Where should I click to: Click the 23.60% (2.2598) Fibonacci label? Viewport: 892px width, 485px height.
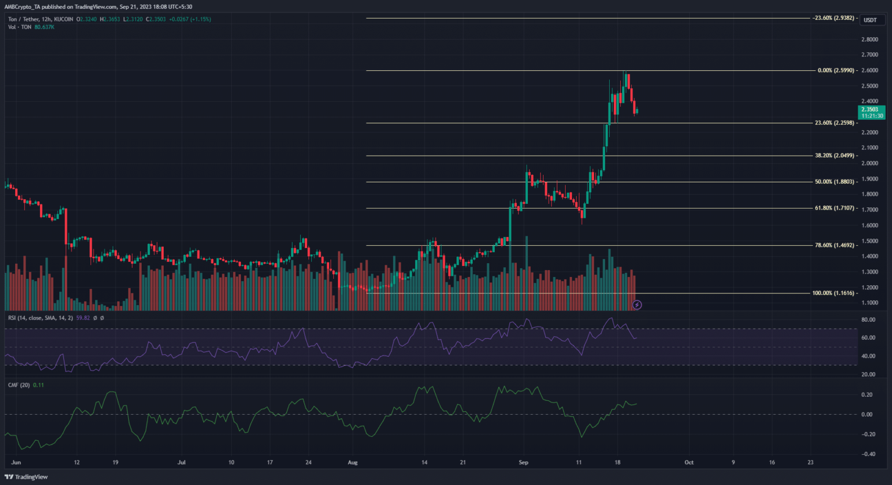[x=835, y=123]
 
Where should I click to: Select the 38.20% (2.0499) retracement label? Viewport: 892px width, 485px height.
[x=835, y=156]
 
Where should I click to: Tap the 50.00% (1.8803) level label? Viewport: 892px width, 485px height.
[x=835, y=182]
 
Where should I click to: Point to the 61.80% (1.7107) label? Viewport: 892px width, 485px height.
[x=835, y=208]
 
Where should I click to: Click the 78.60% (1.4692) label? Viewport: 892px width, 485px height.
[x=835, y=245]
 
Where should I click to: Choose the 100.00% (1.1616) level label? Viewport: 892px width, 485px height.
[x=833, y=293]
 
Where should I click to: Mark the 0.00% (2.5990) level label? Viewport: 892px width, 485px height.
[x=836, y=70]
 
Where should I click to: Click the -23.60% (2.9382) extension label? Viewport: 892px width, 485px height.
[x=833, y=18]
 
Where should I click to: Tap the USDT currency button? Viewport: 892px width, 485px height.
[x=870, y=20]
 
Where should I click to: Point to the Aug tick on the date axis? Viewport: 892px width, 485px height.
[x=353, y=463]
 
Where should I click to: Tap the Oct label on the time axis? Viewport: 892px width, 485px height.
[x=689, y=463]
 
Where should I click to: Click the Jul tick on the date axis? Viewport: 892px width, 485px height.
[x=182, y=463]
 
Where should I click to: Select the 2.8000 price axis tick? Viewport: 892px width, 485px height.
[x=869, y=39]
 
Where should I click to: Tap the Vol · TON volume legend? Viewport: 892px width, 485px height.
[x=20, y=27]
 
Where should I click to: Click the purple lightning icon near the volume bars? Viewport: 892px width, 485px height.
[x=637, y=304]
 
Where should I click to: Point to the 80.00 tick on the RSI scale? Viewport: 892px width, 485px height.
[x=868, y=320]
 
